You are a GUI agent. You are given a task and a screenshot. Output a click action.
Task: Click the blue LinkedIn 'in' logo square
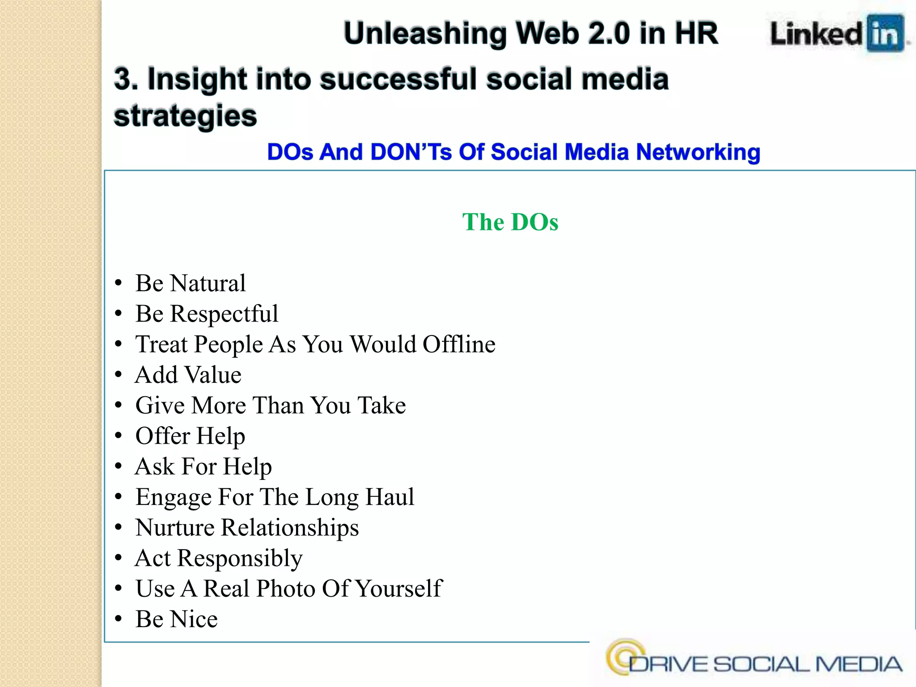coord(885,34)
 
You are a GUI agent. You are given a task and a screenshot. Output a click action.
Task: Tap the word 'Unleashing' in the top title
coord(424,34)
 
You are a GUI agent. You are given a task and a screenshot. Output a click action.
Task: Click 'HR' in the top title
coord(696,34)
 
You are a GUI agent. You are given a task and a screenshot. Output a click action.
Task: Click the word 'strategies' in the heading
coord(185,116)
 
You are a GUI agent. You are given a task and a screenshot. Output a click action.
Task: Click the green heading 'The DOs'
coord(510,222)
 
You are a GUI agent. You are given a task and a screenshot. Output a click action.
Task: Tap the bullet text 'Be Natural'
coord(191,283)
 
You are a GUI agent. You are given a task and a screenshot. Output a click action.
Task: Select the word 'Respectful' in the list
coord(224,314)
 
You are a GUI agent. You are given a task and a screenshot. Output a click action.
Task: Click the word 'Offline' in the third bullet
coord(459,344)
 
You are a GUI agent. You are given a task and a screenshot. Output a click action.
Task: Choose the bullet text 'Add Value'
coord(188,375)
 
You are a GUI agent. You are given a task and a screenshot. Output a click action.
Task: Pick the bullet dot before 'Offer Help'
coord(119,436)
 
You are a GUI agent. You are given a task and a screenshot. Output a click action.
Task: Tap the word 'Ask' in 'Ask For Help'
coord(155,466)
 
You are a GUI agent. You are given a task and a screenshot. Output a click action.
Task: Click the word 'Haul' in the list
coord(390,497)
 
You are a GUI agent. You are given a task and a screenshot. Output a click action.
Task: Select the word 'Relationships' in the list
coord(290,527)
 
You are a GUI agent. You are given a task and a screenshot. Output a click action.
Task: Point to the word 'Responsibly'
coord(240,558)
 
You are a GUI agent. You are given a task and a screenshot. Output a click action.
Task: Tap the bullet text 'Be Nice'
coord(177,619)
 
